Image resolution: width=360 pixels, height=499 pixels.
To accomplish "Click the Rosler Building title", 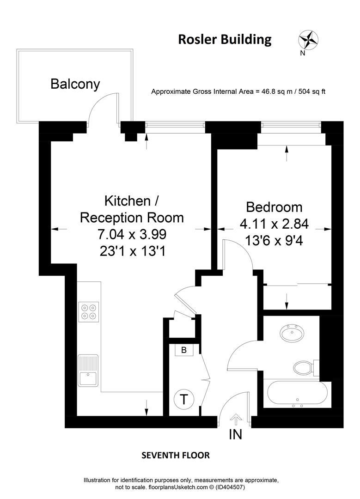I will point(225,40).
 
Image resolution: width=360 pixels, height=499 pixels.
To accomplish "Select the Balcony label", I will point(75,84).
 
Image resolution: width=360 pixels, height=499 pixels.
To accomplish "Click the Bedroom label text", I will point(274,207).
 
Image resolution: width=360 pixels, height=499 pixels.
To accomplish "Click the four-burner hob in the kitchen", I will point(89,311).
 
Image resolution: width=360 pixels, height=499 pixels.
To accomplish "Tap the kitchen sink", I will point(88,371).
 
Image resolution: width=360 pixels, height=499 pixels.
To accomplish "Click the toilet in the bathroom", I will point(303,368).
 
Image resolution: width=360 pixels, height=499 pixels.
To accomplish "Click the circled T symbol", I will point(184,399).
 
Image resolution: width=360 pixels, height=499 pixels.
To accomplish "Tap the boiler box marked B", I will point(184,350).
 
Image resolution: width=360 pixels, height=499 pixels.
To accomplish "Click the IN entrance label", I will point(235,435).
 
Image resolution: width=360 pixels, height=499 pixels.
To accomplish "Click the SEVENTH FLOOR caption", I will point(175,456).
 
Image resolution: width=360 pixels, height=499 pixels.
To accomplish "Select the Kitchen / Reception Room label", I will point(132,209).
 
